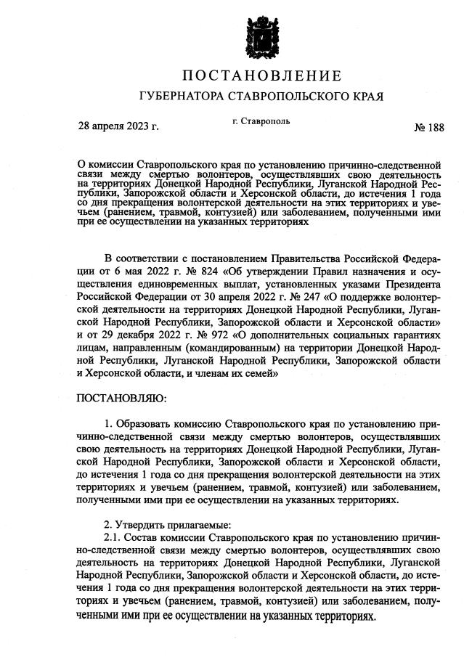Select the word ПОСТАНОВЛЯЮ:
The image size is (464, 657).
[121, 398]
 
